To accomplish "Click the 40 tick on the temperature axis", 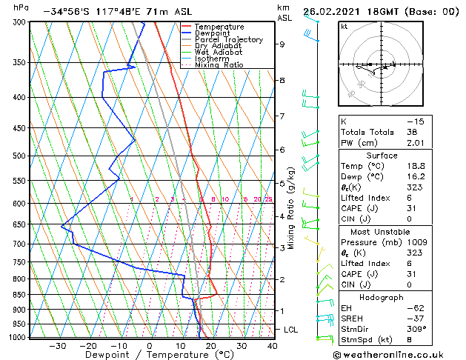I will point(272,346).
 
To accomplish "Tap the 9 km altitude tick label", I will point(282,44).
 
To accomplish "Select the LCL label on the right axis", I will point(291,330).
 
